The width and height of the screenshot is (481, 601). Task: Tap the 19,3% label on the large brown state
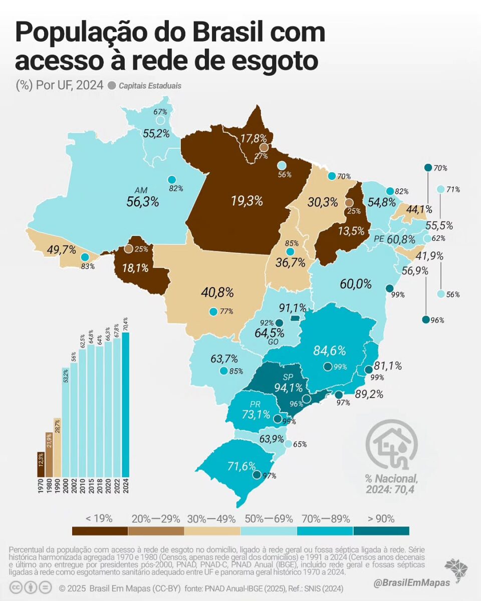[x=247, y=201]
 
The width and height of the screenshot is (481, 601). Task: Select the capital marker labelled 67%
[x=160, y=120]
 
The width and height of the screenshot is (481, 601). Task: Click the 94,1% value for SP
[x=288, y=387]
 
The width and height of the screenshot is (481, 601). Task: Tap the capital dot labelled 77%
[x=213, y=312]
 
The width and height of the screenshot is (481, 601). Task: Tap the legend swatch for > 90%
[x=381, y=531]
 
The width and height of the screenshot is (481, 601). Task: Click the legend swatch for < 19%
[x=100, y=531]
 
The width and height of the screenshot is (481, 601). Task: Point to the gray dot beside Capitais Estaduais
[x=111, y=85]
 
